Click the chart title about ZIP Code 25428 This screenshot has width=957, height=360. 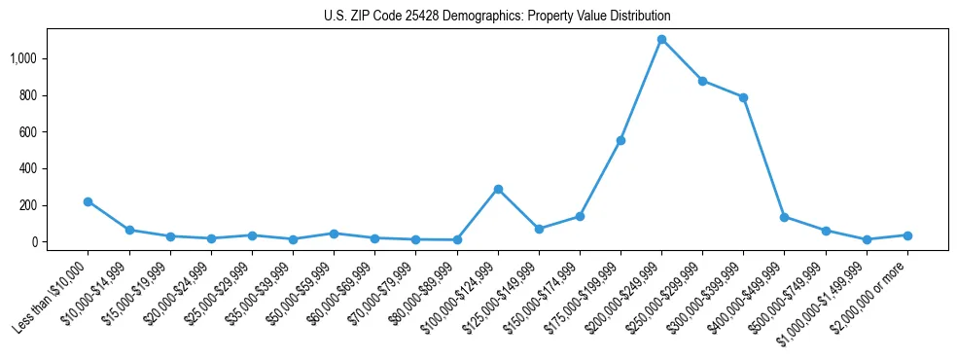497,17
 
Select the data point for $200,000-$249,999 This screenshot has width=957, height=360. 661,40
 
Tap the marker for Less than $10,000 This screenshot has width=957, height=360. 89,201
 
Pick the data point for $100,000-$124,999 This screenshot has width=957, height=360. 498,189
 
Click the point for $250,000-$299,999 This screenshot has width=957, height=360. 702,81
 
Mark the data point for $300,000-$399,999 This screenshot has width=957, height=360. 743,97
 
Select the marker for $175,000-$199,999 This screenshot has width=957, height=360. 620,140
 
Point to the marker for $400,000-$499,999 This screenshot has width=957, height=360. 784,217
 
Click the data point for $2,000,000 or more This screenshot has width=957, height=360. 907,235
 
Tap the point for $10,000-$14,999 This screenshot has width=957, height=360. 129,230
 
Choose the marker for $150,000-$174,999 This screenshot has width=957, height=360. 580,216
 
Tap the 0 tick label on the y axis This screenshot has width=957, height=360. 37,242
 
